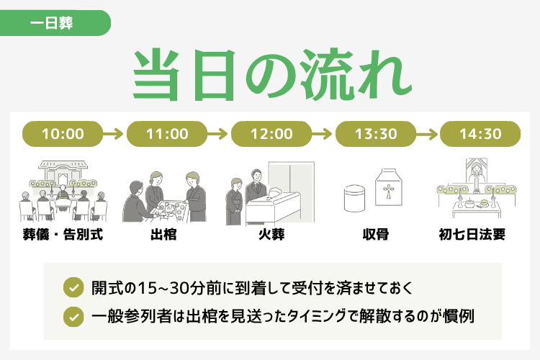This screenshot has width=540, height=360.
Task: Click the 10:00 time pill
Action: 63,134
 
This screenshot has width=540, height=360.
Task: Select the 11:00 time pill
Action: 167,134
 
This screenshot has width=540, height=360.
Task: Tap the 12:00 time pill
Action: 271,134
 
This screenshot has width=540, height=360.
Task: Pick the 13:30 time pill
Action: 376,134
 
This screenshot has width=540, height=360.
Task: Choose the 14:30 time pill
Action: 480,134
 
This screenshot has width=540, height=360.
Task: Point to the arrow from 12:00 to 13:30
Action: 324,134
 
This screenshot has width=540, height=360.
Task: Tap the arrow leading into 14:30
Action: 428,134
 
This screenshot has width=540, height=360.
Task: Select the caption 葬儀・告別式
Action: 63,235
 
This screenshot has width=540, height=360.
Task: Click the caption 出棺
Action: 163,235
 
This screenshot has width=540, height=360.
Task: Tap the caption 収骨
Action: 376,235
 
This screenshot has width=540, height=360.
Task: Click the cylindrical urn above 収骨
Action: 354,199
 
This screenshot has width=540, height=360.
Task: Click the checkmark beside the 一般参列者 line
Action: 72,315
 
